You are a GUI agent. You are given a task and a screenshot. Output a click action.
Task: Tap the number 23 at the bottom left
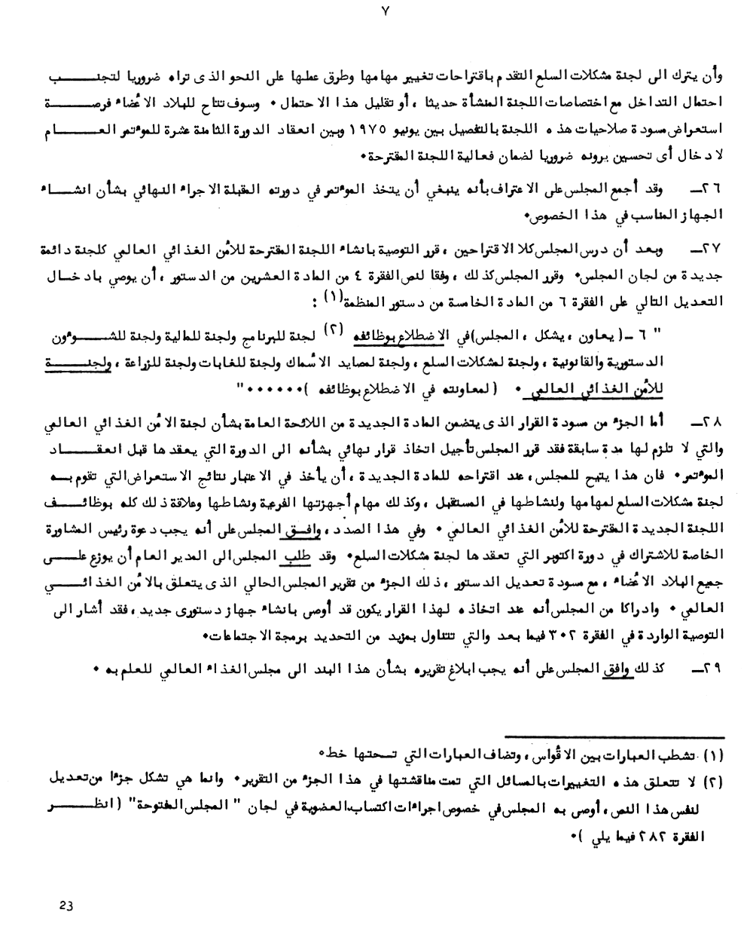66,907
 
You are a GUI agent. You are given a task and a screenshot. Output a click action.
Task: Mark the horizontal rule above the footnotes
614,736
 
